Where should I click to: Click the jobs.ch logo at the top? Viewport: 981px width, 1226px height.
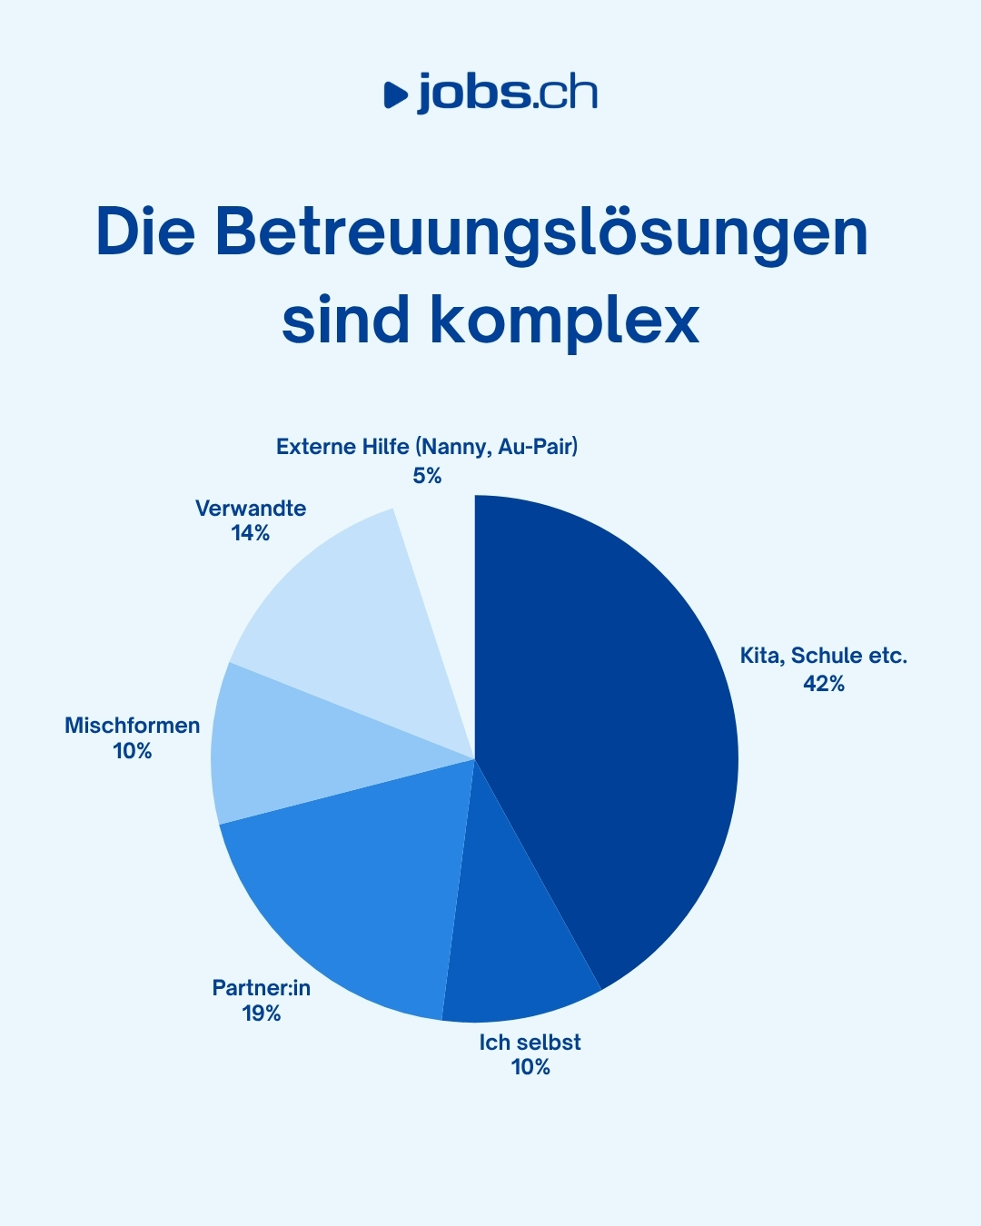point(490,94)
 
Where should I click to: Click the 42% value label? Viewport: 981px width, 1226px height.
point(824,684)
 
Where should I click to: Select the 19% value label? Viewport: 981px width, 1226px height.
point(262,1013)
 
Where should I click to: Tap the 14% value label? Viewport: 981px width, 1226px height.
point(251,533)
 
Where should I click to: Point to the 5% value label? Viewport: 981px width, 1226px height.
point(427,475)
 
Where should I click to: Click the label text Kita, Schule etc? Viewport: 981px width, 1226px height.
point(824,656)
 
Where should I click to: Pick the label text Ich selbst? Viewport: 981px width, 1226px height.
point(530,1042)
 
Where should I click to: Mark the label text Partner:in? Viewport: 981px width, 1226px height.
point(262,987)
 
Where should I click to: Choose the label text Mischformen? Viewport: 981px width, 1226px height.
point(133,725)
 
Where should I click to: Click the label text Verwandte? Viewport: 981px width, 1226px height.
point(251,508)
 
